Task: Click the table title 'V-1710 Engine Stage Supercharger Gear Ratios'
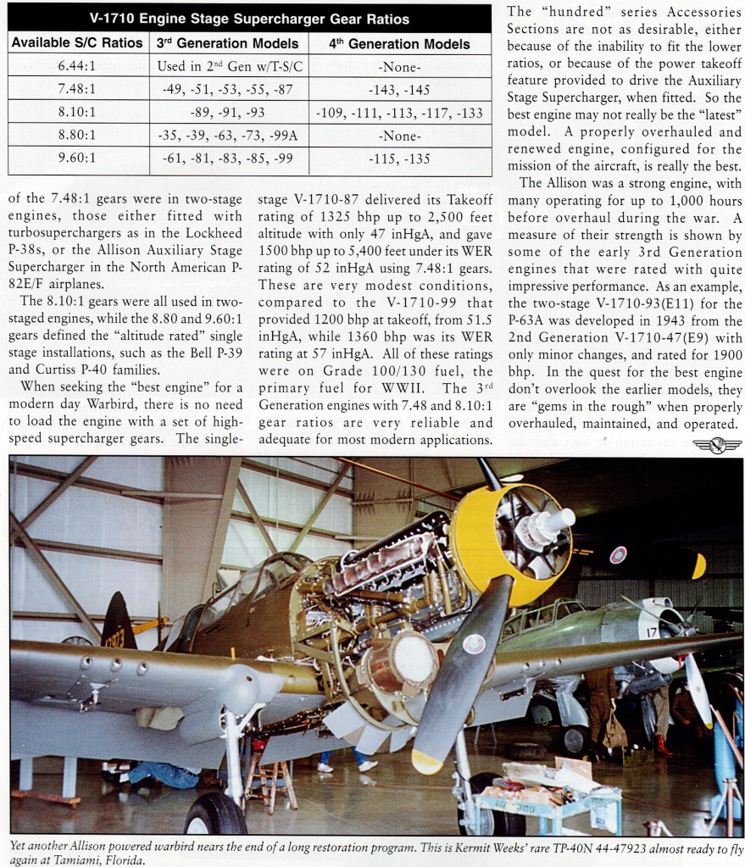click(x=249, y=19)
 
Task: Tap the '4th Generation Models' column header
click(x=400, y=43)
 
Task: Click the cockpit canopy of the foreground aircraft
click(x=254, y=580)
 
